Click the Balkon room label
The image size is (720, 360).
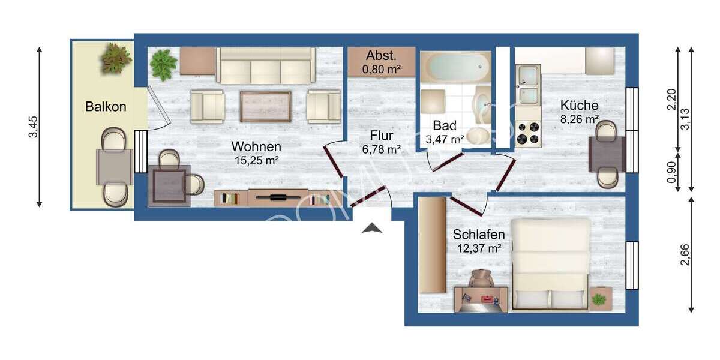(x=106, y=107)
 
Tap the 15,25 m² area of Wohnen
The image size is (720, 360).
(x=256, y=160)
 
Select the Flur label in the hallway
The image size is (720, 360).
(x=381, y=135)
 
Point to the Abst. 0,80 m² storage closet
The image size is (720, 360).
(x=381, y=62)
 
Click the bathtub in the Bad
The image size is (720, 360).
(x=455, y=66)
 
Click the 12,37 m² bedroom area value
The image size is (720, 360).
(x=478, y=247)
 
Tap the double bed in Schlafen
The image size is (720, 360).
(x=551, y=264)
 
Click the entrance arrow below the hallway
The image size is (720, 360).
(x=372, y=227)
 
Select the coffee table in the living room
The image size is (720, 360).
(x=265, y=106)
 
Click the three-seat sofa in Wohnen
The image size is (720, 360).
(x=266, y=65)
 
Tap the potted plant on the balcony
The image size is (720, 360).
(x=116, y=59)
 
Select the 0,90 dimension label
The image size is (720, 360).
(x=671, y=172)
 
